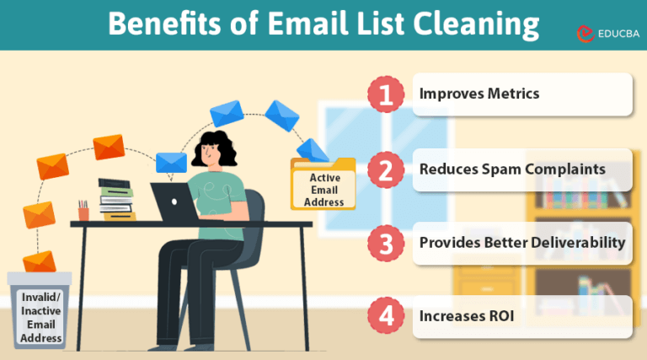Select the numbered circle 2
[387, 170]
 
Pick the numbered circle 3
[387, 244]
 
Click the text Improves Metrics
[479, 94]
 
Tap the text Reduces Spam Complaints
[512, 169]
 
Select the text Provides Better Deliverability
[522, 243]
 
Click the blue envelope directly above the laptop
[171, 162]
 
